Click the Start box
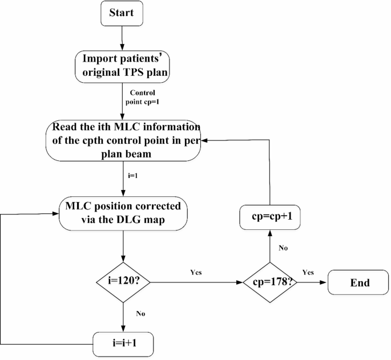pyautogui.click(x=122, y=14)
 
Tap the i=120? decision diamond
pyautogui.click(x=124, y=281)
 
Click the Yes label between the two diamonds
pyautogui.click(x=196, y=273)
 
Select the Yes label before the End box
pyautogui.click(x=308, y=273)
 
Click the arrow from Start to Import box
pyautogui.click(x=122, y=38)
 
